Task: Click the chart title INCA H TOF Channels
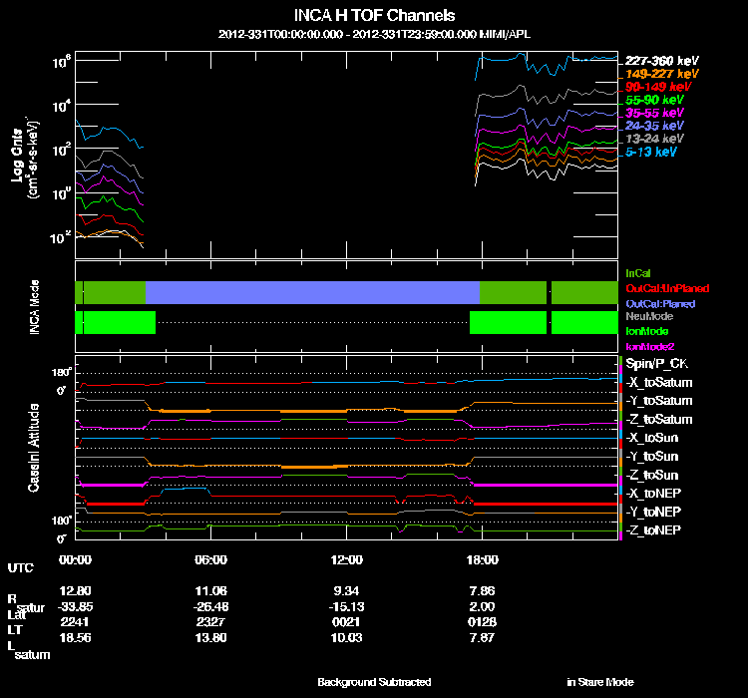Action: [x=375, y=16]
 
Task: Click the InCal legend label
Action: [x=637, y=272]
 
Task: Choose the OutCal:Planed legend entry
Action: [x=660, y=302]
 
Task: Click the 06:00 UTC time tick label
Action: [x=210, y=559]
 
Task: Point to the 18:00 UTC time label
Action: [x=481, y=559]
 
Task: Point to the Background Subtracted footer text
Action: [x=374, y=682]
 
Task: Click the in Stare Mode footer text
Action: [x=600, y=682]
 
